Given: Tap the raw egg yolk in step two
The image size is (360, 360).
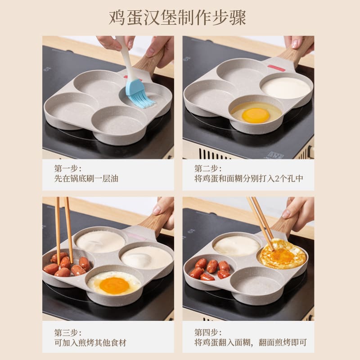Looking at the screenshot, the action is point(256,115).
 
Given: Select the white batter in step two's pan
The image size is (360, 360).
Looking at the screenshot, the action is point(286,88).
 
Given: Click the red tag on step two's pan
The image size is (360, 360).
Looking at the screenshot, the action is point(276,68).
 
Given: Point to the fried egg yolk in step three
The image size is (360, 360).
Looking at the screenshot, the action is point(114,285).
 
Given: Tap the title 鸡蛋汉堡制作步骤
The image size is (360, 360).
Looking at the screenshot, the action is point(177,18).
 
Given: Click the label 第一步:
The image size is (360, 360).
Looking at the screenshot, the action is point(68,168).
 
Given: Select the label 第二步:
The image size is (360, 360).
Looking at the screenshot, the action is point(208,168).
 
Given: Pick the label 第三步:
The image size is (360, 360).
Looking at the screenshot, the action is point(68,333).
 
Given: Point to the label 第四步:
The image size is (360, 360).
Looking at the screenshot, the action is point(208,333).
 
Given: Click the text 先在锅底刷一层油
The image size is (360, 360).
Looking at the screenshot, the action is point(86,178).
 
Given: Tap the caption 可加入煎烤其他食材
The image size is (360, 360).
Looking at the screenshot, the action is point(90,342).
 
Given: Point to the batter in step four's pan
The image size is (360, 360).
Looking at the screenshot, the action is point(237,246).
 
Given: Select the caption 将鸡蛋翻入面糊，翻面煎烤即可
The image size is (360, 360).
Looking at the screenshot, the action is point(251,342).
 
